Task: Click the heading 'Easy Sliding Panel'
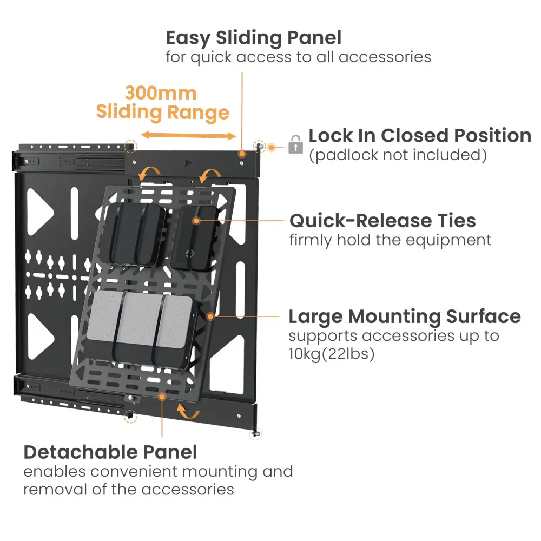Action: point(253,38)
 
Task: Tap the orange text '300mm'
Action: point(161,93)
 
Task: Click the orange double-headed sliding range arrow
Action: point(188,135)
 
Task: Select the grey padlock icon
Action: point(295,144)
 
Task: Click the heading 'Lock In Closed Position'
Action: point(419,135)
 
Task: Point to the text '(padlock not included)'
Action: point(398,155)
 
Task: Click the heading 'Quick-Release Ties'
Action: point(382,221)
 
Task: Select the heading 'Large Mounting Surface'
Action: point(404,316)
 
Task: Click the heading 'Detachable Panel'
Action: point(110,452)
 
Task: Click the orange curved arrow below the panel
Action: point(189,413)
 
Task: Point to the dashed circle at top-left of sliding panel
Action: point(130,147)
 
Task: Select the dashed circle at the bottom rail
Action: point(130,416)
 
